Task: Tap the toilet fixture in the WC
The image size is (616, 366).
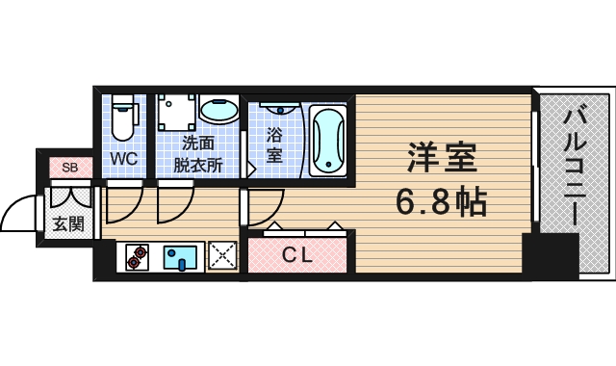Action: pyautogui.click(x=122, y=119)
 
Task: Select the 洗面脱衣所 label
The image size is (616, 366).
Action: pyautogui.click(x=197, y=153)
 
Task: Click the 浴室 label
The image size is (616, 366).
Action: pyautogui.click(x=274, y=144)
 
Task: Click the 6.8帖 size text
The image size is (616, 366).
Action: pyautogui.click(x=441, y=201)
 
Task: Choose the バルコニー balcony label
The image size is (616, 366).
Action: pyautogui.click(x=573, y=169)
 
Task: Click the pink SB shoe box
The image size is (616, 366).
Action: pyautogui.click(x=69, y=168)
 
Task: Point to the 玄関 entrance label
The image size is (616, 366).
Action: pyautogui.click(x=67, y=224)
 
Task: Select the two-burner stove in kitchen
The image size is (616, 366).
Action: pyautogui.click(x=139, y=256)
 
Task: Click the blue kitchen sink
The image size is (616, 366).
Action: pyautogui.click(x=181, y=256)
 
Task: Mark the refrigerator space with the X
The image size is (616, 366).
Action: pyautogui.click(x=223, y=256)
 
